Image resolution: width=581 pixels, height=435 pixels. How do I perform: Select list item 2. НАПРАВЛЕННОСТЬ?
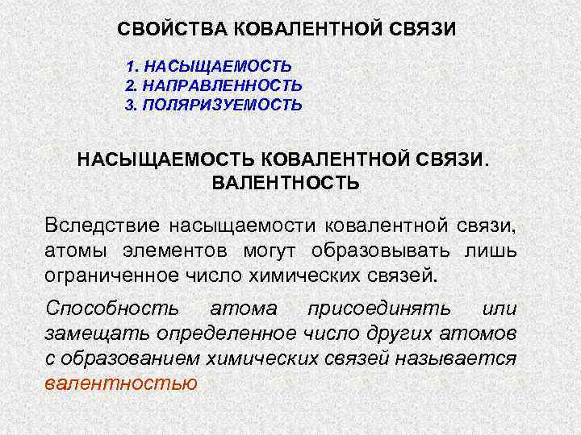tap(214, 85)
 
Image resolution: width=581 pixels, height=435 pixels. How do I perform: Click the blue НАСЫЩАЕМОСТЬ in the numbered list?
tap(215, 65)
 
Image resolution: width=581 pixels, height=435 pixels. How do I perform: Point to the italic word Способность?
tap(113, 309)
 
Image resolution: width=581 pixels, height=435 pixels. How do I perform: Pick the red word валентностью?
tap(121, 383)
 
